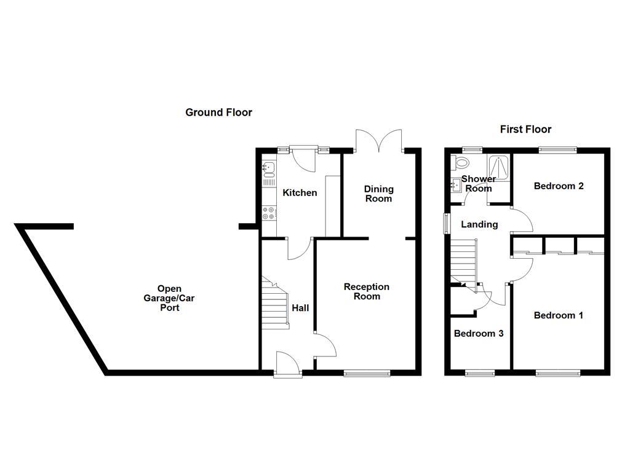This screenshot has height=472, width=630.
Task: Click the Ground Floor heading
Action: [x=218, y=112]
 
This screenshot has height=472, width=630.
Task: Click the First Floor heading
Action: [x=525, y=129]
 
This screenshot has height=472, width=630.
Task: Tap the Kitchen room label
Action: [x=300, y=193]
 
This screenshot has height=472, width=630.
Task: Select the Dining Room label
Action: [x=378, y=194]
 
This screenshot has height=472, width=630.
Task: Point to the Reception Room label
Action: [x=366, y=291]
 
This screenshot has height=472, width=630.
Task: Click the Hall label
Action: [x=300, y=308]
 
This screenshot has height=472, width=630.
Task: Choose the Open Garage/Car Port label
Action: [x=170, y=298]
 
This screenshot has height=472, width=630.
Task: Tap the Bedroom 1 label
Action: [x=558, y=315]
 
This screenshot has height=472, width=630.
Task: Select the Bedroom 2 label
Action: [x=558, y=186]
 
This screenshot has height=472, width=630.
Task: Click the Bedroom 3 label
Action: [x=479, y=334]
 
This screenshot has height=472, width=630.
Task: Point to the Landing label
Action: [x=479, y=224]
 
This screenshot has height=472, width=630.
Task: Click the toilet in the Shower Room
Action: [x=460, y=163]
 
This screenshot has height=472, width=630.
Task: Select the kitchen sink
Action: [x=269, y=167]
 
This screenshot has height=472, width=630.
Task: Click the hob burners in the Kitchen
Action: [x=269, y=213]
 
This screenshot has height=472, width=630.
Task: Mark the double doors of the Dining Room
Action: [x=379, y=141]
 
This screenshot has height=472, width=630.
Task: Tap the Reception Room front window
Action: [x=367, y=372]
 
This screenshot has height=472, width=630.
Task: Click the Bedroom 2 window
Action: [x=558, y=149]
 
